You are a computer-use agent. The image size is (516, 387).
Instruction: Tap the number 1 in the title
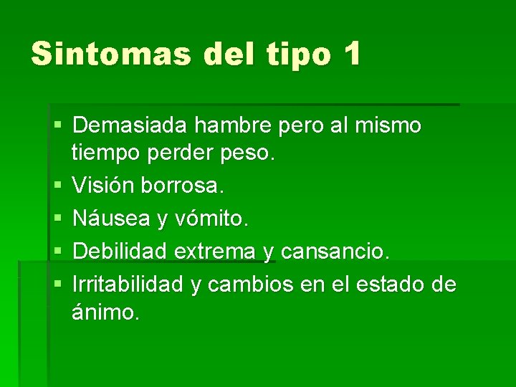pyautogui.click(x=351, y=54)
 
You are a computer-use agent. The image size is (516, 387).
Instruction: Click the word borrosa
pyautogui.click(x=183, y=186)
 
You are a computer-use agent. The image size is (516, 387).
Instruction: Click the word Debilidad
pyautogui.click(x=120, y=251)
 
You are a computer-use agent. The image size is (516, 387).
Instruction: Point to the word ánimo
pyautogui.click(x=105, y=313)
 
